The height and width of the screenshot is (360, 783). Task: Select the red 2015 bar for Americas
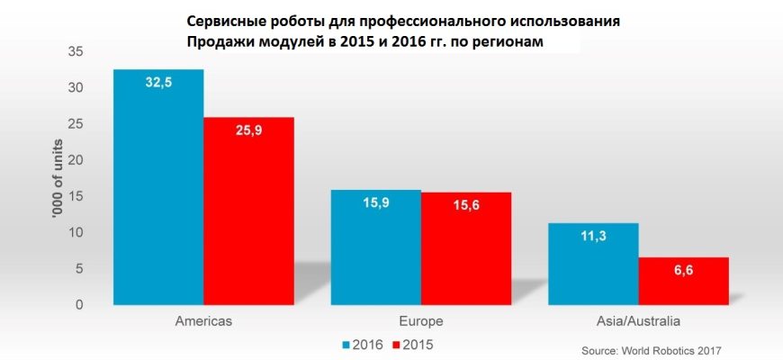pos(248,211)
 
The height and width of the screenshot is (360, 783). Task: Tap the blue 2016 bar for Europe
pos(375,247)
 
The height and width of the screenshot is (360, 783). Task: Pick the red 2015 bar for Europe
pos(465,248)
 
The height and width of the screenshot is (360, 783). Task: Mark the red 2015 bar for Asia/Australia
pos(683,281)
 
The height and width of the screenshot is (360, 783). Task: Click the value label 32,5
pos(158,82)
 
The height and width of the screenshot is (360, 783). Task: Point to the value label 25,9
pos(248,130)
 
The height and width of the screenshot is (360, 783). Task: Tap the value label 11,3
pos(593,237)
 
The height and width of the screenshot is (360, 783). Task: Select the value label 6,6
pos(683,271)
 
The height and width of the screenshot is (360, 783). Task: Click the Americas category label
pos(202,320)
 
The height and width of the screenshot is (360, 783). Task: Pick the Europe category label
pos(420,320)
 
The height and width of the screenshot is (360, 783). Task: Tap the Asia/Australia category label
pos(638,320)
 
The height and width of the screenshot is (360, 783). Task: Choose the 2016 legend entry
pos(363,344)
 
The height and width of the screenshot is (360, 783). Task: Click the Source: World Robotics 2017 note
pos(652,349)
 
